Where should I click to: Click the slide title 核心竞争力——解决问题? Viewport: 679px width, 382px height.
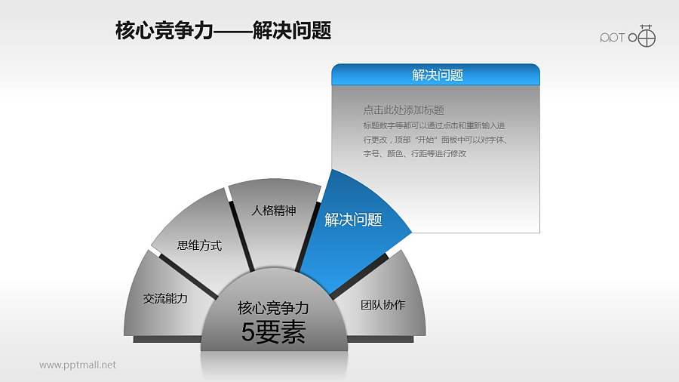click(223, 31)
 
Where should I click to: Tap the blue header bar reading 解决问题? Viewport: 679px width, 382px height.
click(436, 75)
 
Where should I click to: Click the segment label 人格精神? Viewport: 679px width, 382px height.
click(273, 211)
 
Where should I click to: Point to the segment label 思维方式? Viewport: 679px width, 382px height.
click(199, 245)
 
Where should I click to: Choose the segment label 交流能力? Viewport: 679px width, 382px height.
click(164, 298)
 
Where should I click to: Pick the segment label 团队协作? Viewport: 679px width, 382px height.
click(383, 305)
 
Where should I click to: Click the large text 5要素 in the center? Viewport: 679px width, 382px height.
click(273, 333)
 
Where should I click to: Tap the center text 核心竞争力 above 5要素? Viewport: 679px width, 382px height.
click(273, 309)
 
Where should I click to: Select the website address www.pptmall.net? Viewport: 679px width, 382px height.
click(78, 365)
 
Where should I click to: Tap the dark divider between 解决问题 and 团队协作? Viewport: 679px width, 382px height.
click(359, 276)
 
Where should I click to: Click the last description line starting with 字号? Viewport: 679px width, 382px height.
click(414, 153)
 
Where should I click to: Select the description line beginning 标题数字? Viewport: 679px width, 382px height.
click(434, 125)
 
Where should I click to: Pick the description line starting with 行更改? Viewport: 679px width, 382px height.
click(434, 140)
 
